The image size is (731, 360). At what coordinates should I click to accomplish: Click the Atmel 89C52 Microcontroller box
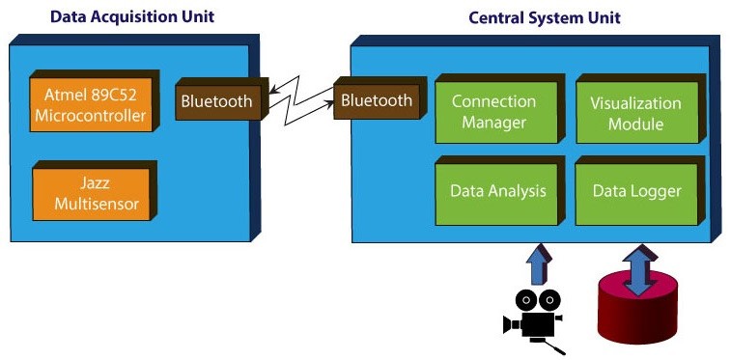click(x=95, y=101)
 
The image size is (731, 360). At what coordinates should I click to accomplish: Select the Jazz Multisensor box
click(x=95, y=191)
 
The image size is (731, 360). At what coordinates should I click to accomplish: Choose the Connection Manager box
click(x=500, y=108)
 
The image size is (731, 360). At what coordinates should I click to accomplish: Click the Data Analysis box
click(x=500, y=191)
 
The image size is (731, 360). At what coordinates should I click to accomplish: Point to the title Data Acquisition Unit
click(x=132, y=17)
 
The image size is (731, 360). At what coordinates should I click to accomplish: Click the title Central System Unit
click(x=545, y=18)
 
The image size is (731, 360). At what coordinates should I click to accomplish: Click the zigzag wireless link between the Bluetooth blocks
click(x=301, y=100)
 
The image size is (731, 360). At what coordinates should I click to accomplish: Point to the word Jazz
click(x=95, y=182)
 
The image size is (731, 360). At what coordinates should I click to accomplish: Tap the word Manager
click(x=494, y=123)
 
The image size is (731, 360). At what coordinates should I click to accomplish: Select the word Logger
click(x=659, y=191)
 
